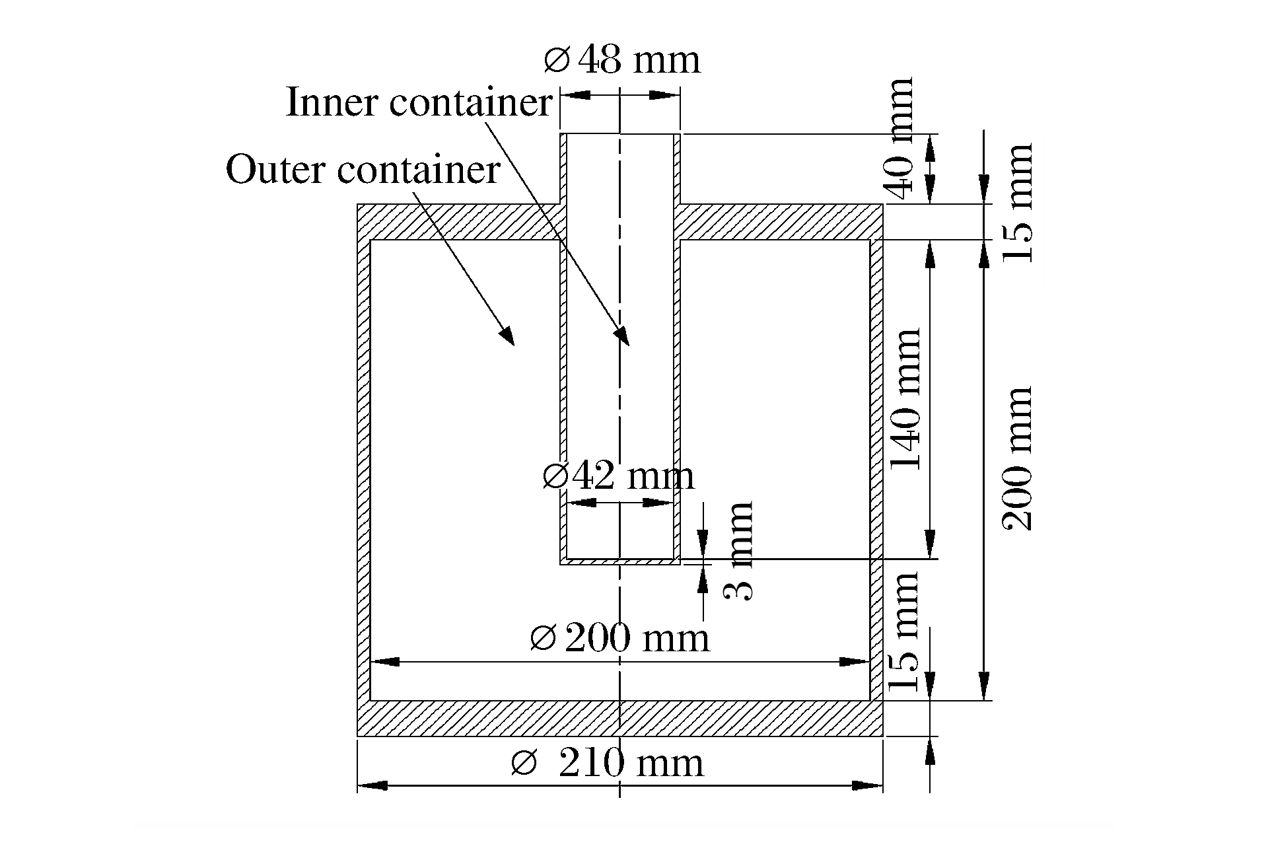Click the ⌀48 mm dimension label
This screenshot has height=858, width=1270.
tap(621, 61)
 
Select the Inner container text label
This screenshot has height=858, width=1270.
tap(418, 103)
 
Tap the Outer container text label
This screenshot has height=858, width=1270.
tap(363, 170)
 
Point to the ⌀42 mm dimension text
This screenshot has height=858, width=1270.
tap(618, 476)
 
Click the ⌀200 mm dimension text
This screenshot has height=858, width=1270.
tap(619, 639)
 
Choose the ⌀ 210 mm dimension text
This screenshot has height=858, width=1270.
tap(608, 764)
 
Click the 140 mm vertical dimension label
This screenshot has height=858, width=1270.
tap(905, 399)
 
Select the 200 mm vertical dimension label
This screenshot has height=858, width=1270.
tap(1017, 458)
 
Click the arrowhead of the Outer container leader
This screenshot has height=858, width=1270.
tap(508, 338)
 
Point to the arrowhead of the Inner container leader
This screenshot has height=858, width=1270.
tap(623, 338)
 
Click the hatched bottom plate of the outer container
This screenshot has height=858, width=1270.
tap(619, 718)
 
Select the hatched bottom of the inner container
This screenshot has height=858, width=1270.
tap(619, 562)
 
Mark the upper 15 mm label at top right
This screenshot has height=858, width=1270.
tap(1017, 202)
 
